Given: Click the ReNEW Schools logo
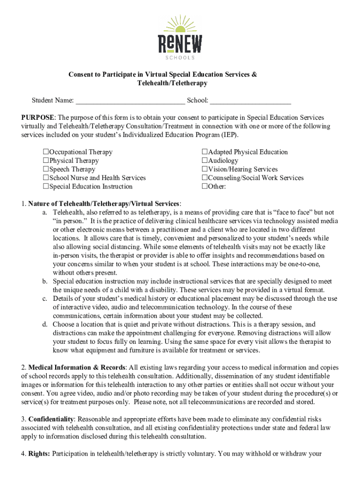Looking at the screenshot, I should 180,37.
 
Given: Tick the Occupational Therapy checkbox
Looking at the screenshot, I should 46,152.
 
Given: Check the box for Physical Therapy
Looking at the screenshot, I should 46,161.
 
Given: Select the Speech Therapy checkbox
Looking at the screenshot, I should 46,169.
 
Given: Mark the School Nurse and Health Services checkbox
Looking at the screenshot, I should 46,178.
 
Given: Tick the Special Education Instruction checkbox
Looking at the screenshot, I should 46,187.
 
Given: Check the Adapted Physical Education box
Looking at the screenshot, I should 205,152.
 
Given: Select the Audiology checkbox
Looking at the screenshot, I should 205,161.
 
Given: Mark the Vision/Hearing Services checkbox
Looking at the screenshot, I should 205,169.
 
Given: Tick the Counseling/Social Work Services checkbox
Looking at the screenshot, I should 205,178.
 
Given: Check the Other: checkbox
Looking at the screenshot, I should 205,187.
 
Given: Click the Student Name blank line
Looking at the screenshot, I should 130,101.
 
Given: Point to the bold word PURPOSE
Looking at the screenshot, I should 38,117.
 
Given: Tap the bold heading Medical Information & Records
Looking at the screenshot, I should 77,368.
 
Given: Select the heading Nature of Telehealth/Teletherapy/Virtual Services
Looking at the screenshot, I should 104,203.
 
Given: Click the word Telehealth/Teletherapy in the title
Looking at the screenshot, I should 172,83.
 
